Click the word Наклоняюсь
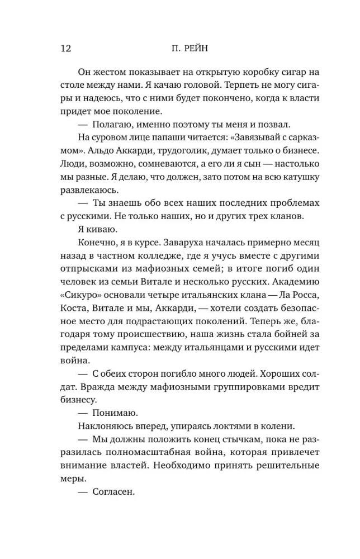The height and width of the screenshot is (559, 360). coord(107,426)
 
